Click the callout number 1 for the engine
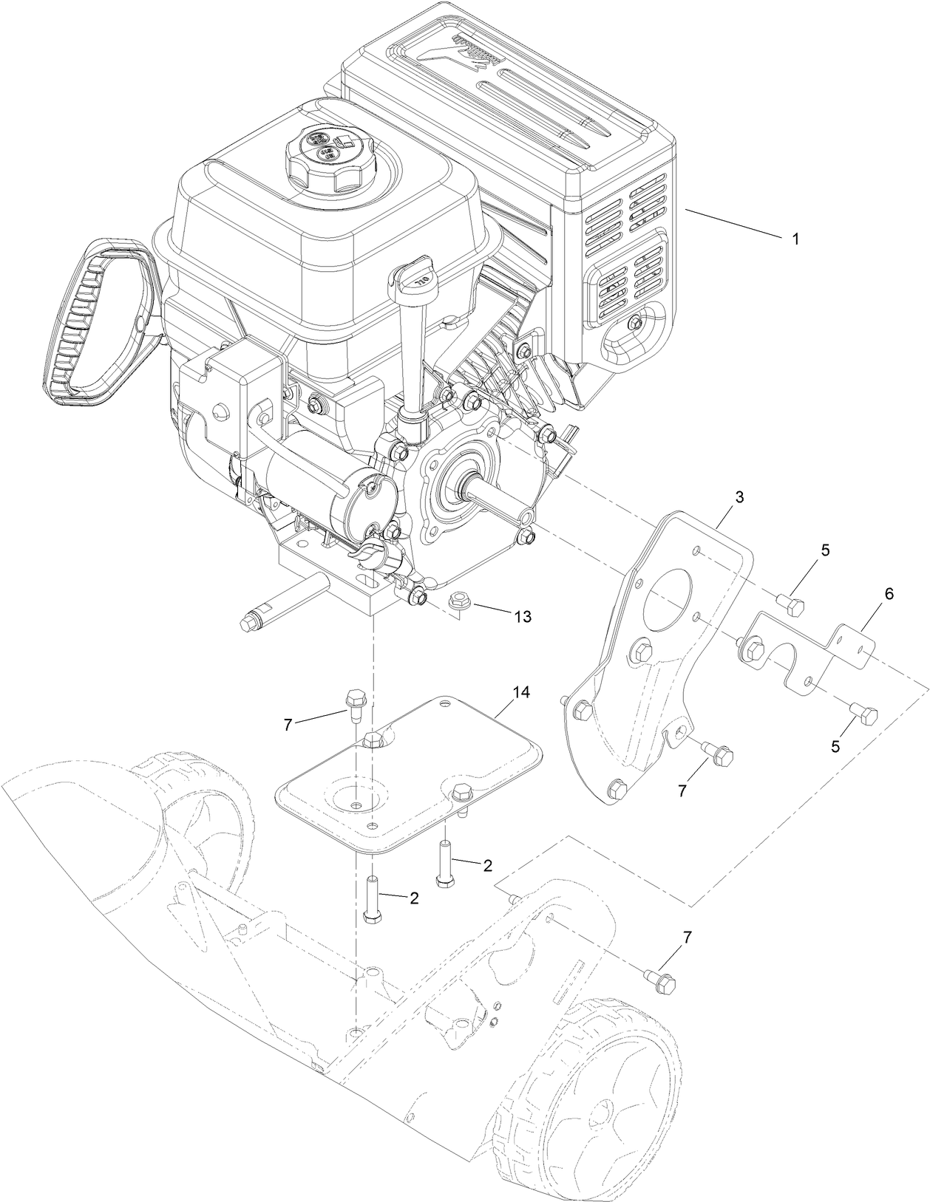(795, 239)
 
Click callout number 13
(523, 616)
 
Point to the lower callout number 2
(414, 898)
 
